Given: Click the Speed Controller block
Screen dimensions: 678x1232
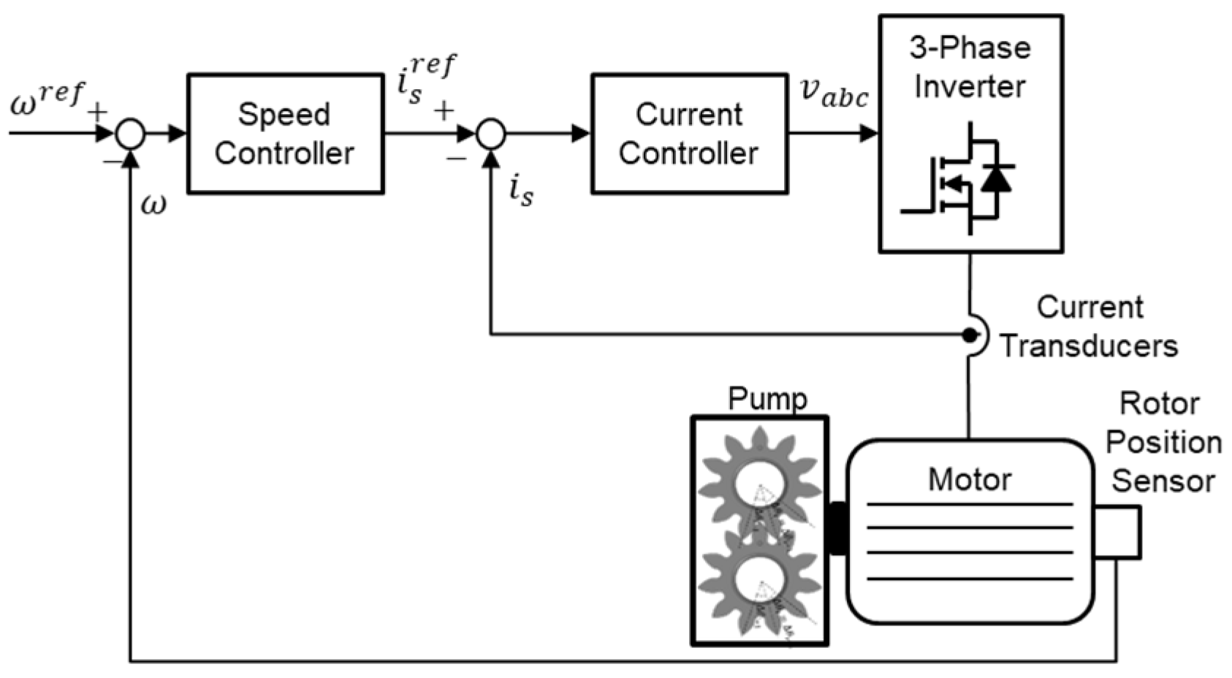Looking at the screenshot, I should [285, 134].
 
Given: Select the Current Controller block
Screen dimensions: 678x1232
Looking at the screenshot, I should [688, 134].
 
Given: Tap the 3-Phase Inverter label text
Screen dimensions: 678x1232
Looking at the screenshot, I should [970, 67].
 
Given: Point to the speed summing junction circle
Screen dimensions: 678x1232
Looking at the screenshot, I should [131, 134].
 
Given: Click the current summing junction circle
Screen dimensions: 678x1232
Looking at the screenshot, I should [491, 134].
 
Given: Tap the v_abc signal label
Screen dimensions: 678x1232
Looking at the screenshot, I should [834, 93].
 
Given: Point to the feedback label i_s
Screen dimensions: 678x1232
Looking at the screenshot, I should [521, 191].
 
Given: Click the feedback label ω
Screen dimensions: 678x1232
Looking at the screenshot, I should [153, 205].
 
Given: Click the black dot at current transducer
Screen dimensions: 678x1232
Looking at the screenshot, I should [969, 335].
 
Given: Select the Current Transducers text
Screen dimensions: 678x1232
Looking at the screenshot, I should [1089, 327].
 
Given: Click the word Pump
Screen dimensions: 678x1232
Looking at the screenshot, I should [767, 399].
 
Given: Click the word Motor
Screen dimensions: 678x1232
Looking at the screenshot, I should [970, 480].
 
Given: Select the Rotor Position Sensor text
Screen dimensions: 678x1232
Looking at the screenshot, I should [1162, 442].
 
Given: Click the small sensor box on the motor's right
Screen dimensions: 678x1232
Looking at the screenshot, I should [1117, 532].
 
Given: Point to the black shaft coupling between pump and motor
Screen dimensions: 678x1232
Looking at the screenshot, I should [837, 528].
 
